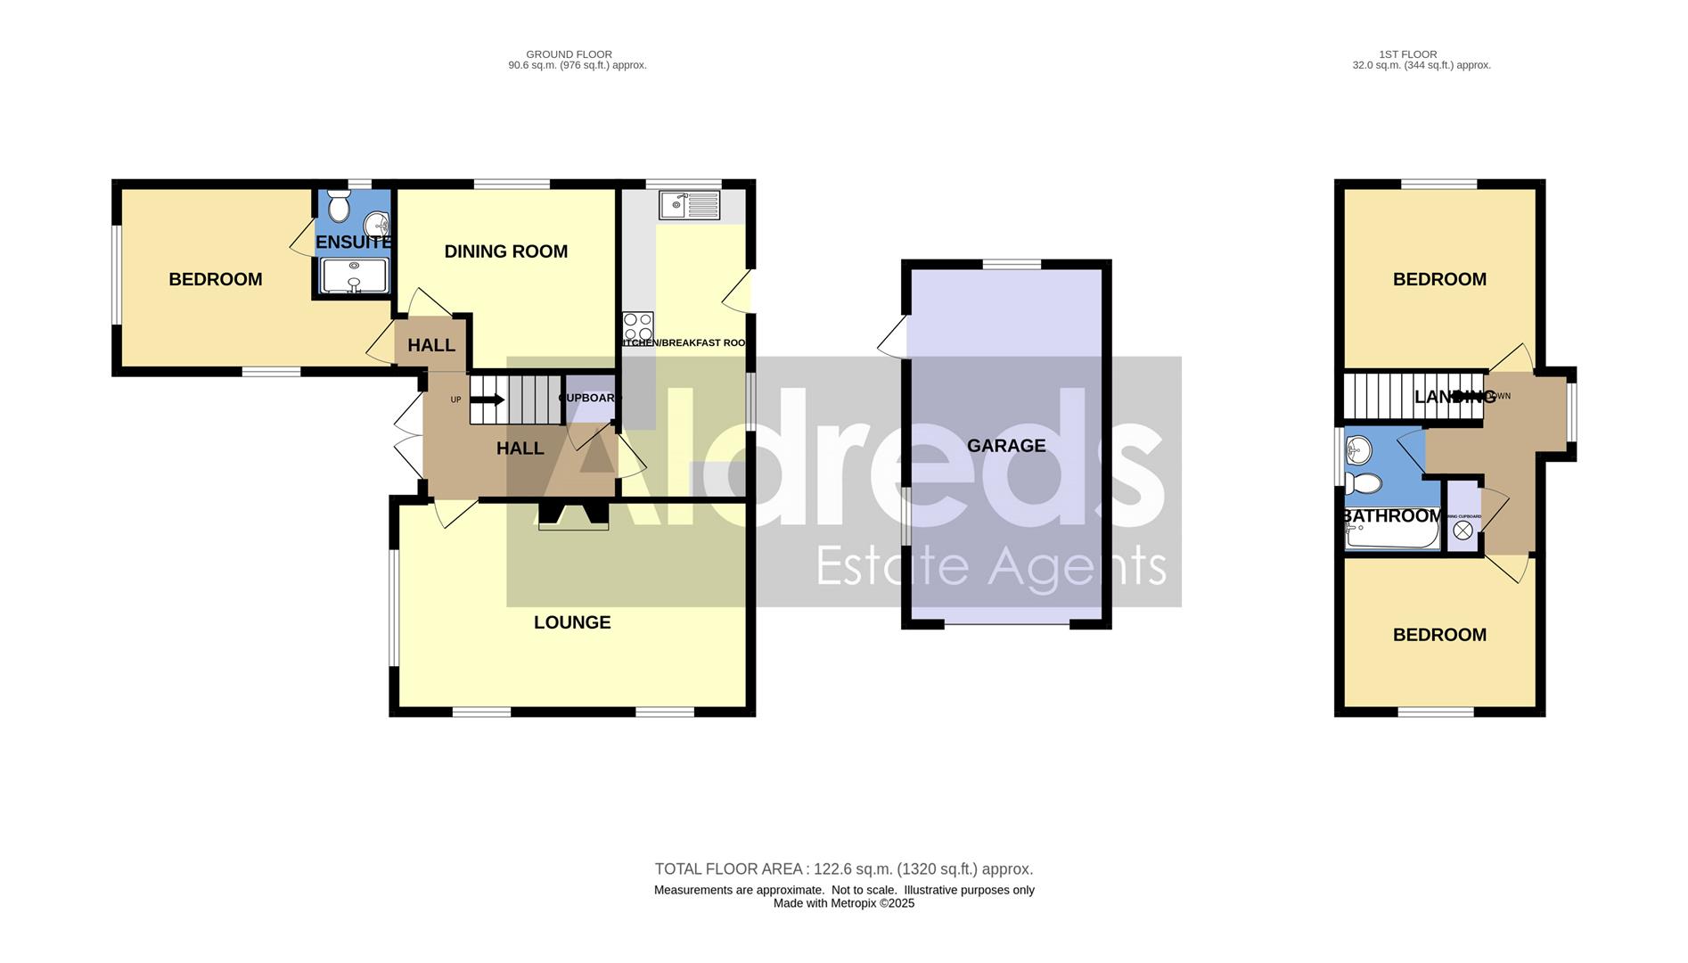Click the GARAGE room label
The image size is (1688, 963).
click(x=1006, y=446)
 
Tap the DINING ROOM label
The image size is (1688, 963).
click(x=505, y=251)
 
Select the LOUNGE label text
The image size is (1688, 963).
click(x=572, y=622)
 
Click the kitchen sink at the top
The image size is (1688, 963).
click(x=689, y=205)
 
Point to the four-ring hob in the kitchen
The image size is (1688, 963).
click(x=638, y=325)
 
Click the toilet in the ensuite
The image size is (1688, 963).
click(x=338, y=208)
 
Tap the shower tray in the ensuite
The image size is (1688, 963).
click(x=354, y=275)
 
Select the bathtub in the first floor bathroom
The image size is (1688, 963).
click(x=1392, y=535)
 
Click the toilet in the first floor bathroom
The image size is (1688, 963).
click(x=1363, y=484)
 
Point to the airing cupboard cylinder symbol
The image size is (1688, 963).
click(x=1463, y=531)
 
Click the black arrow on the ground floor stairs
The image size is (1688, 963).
click(x=487, y=399)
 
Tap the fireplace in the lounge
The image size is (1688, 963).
click(x=573, y=517)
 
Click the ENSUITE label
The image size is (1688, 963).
click(x=354, y=242)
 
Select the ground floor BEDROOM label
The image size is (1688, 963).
click(x=216, y=279)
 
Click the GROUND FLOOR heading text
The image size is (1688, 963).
click(x=569, y=54)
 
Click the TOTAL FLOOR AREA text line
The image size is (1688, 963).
click(x=843, y=869)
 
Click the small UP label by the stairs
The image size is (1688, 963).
click(x=455, y=399)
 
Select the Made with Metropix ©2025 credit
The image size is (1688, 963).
click(x=843, y=903)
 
